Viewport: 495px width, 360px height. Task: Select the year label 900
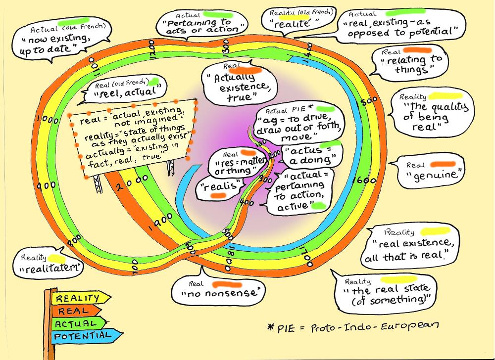coord(47,185)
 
